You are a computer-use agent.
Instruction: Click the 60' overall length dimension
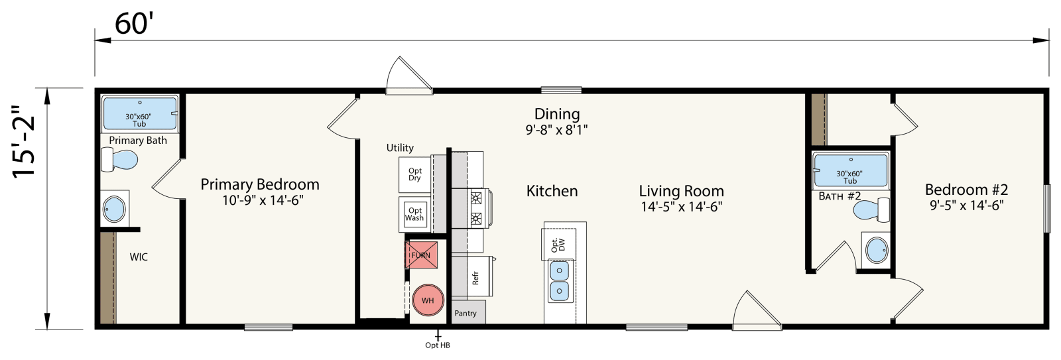(x=134, y=24)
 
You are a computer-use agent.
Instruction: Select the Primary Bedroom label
(x=260, y=184)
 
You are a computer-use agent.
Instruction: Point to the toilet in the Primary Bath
(x=120, y=160)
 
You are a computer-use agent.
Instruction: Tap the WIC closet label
(x=139, y=257)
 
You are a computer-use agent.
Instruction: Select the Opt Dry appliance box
(x=414, y=174)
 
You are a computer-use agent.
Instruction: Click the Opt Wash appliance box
(x=414, y=214)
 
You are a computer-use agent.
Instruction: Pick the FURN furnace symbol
(x=420, y=255)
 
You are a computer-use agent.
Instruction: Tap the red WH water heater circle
(x=428, y=300)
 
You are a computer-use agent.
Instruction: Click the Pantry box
(x=466, y=312)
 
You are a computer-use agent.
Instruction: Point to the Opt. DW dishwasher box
(x=555, y=245)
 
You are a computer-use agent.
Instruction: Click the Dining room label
(x=557, y=114)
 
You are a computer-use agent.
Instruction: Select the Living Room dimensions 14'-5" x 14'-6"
(x=680, y=206)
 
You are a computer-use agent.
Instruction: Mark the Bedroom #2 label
(x=966, y=190)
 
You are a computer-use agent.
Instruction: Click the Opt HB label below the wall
(x=438, y=345)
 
